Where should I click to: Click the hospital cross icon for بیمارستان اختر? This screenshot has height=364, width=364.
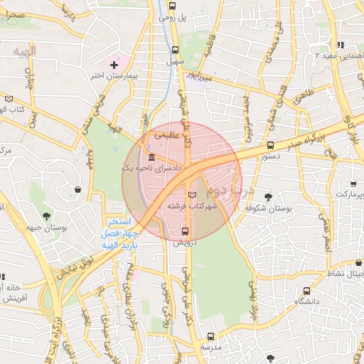(x=114, y=65)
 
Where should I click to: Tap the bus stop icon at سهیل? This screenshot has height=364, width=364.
(x=176, y=50)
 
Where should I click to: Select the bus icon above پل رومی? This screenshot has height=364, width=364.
(x=172, y=6)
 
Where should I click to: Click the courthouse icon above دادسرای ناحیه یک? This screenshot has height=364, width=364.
(x=151, y=157)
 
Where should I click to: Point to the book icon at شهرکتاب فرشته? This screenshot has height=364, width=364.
(x=191, y=194)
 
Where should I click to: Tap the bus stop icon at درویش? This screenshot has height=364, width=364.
(x=186, y=231)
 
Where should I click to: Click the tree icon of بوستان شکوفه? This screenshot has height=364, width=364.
(x=268, y=197)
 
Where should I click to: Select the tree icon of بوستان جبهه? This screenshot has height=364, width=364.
(x=47, y=216)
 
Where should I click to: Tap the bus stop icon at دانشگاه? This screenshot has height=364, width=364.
(x=306, y=291)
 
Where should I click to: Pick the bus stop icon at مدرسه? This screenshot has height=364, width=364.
(x=210, y=336)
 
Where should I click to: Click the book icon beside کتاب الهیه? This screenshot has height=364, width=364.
(x=9, y=99)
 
